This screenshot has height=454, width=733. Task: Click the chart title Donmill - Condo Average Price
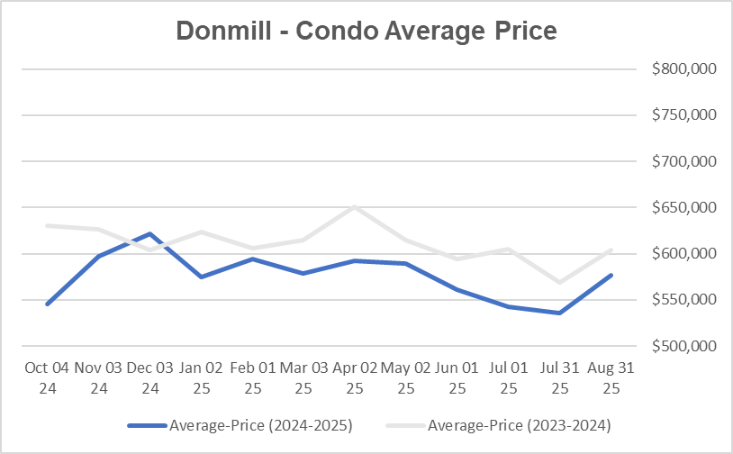tap(366, 31)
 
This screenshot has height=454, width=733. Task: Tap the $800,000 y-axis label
tap(683, 69)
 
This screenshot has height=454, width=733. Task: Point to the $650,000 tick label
tap(683, 207)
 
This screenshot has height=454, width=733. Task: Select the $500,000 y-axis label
tap(683, 346)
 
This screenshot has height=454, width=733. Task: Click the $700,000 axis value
tap(683, 161)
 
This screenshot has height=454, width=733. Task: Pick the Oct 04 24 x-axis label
tap(47, 378)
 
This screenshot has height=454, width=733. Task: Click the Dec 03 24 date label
tap(149, 378)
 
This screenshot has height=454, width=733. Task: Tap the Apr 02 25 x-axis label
tap(355, 378)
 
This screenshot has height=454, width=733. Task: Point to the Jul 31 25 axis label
tap(560, 378)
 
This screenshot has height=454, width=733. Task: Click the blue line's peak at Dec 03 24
tap(149, 233)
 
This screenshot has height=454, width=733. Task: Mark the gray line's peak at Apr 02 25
tap(355, 206)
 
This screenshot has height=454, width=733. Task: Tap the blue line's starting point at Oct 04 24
tap(47, 304)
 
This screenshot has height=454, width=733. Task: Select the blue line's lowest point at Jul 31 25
tap(560, 313)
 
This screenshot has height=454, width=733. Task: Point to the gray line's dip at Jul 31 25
tap(560, 283)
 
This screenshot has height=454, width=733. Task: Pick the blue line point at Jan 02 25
tap(201, 277)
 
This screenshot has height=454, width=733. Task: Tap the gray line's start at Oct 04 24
tap(47, 225)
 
